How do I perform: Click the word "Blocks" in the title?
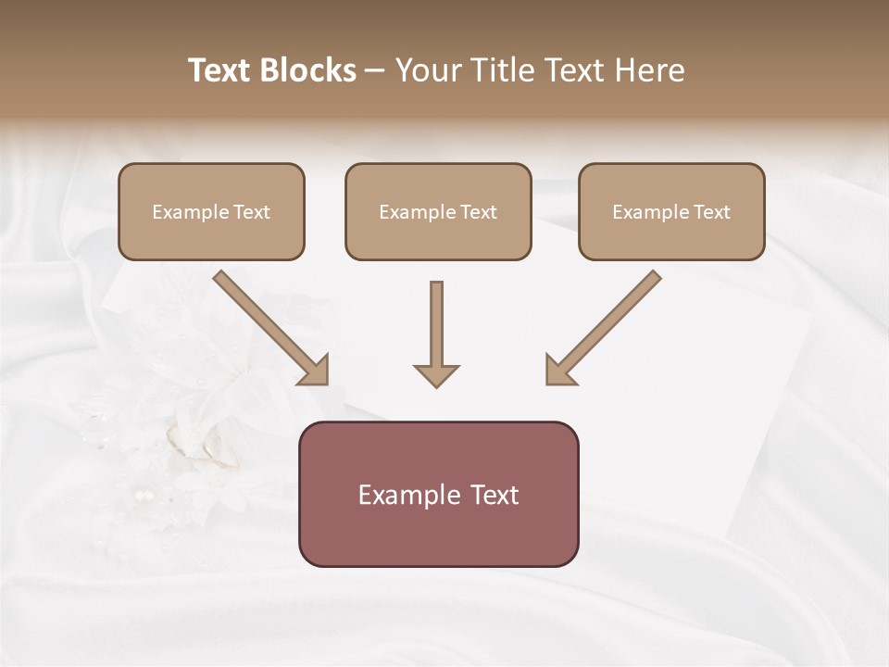coord(310,70)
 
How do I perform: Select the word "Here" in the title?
coord(650,70)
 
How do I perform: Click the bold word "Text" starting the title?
coord(220,70)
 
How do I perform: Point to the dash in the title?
coord(376,70)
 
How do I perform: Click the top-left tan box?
coord(211,211)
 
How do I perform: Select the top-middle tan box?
coord(438,211)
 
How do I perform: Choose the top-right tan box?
coord(671,211)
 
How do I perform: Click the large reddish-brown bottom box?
coord(438,494)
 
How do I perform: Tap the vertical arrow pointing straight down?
coord(436,329)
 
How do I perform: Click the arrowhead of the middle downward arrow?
coord(436,374)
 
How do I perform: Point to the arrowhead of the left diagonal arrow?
coord(315,371)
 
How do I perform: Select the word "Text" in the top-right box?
coord(712,212)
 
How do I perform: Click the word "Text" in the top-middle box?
coord(479,212)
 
